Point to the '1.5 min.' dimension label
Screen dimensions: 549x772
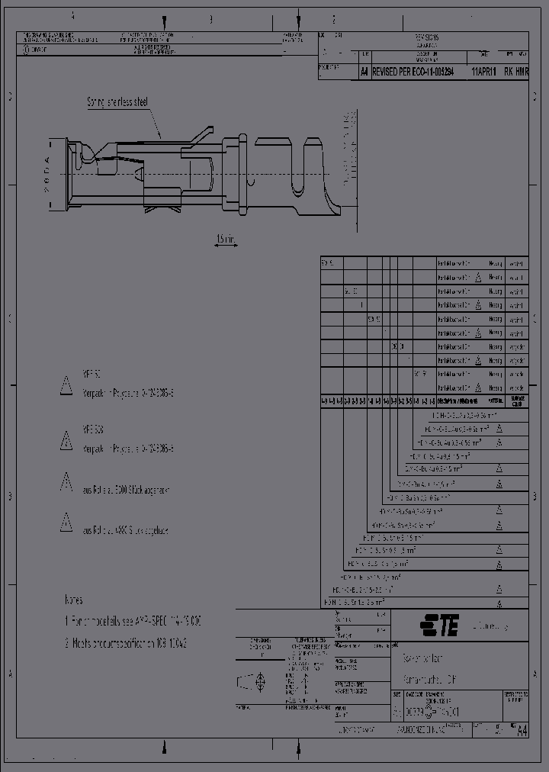226,240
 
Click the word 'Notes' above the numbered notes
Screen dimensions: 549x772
74,600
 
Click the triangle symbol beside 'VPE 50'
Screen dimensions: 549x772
66,387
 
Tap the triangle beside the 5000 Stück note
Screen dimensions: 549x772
66,482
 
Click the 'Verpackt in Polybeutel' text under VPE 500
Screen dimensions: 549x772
128,449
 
